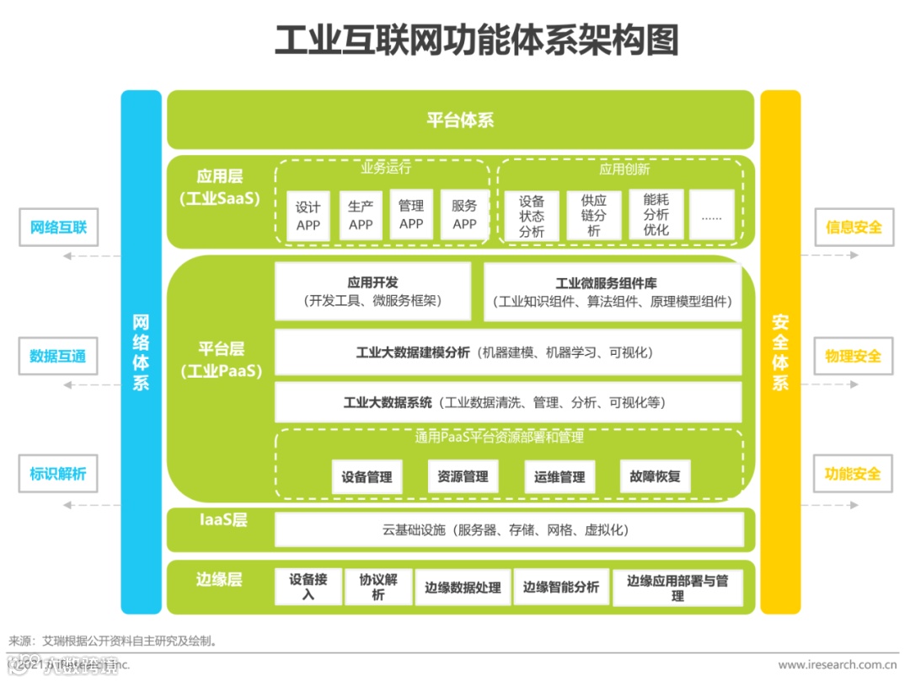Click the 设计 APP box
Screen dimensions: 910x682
pyautogui.click(x=308, y=216)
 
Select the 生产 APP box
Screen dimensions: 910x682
pyautogui.click(x=361, y=215)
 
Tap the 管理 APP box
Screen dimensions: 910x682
pyautogui.click(x=411, y=214)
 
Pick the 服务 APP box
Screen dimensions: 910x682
pyautogui.click(x=464, y=214)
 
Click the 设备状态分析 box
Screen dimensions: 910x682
pyautogui.click(x=532, y=216)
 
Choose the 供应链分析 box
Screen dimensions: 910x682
pyautogui.click(x=594, y=216)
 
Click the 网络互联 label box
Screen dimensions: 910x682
pyautogui.click(x=58, y=228)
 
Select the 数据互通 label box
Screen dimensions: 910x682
pyautogui.click(x=58, y=356)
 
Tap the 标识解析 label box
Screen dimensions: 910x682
pyautogui.click(x=58, y=474)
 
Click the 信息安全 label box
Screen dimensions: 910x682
pyautogui.click(x=854, y=228)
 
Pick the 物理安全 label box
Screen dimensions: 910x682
pyautogui.click(x=854, y=356)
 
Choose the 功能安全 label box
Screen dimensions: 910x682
pyautogui.click(x=854, y=474)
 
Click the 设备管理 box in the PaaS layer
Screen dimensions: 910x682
pyautogui.click(x=367, y=476)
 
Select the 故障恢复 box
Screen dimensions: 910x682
pyautogui.click(x=655, y=476)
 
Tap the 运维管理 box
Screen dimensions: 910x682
pyautogui.click(x=559, y=476)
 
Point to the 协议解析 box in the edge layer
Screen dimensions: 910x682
pyautogui.click(x=378, y=587)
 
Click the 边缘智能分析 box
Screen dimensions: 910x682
pyautogui.click(x=561, y=587)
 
